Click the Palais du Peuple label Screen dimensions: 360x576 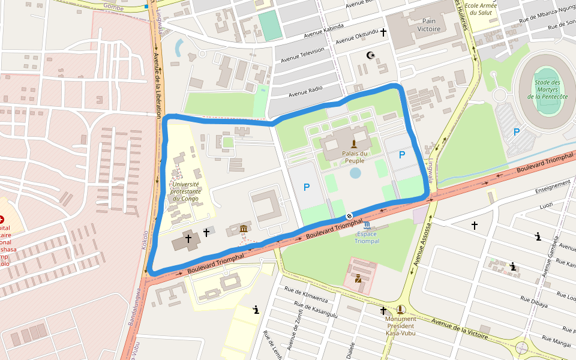[355, 157]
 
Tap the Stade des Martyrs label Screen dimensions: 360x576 [547, 89]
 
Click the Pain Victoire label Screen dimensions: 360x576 [429, 25]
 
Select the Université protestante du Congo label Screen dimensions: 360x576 [185, 191]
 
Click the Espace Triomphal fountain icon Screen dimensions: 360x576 [367, 225]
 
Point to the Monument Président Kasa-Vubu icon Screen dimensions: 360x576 [401, 310]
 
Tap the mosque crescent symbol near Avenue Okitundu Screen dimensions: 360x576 [371, 55]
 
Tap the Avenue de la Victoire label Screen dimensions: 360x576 [460, 328]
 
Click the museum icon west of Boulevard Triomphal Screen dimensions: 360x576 [244, 230]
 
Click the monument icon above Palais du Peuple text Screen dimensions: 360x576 [354, 143]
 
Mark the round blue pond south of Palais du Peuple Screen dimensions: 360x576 [355, 173]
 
